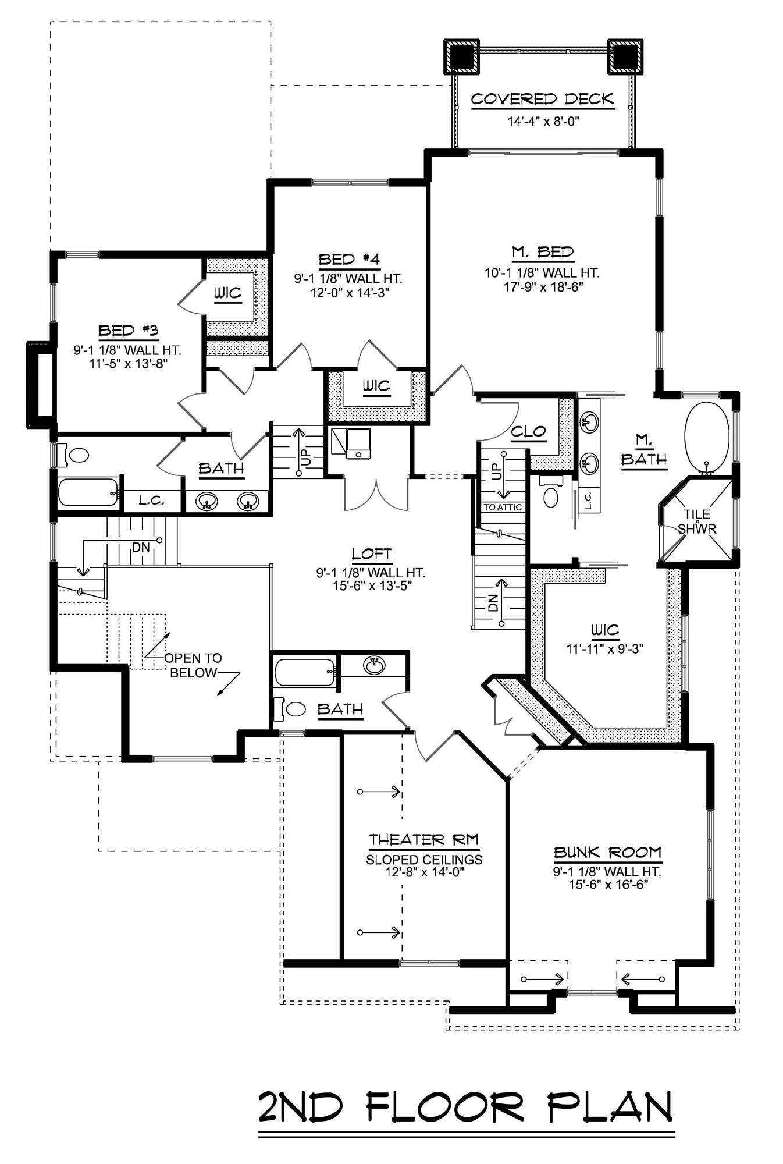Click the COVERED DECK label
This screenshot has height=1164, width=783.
[542, 100]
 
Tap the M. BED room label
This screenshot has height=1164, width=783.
[542, 253]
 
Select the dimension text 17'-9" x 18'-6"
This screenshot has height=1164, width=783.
[542, 287]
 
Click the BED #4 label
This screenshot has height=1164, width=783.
[348, 260]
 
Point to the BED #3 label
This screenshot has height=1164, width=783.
[128, 331]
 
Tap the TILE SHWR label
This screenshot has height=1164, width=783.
[697, 521]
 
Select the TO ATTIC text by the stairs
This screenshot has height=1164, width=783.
[503, 508]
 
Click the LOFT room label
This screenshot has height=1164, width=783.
[371, 554]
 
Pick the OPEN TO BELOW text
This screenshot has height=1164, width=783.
[193, 665]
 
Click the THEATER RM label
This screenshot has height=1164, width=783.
[424, 840]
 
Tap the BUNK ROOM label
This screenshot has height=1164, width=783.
[607, 853]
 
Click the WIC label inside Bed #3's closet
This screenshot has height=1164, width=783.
[227, 293]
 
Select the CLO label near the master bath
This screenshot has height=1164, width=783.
[528, 432]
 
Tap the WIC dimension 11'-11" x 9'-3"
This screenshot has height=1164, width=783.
[605, 648]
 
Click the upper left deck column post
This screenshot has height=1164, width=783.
[462, 56]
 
